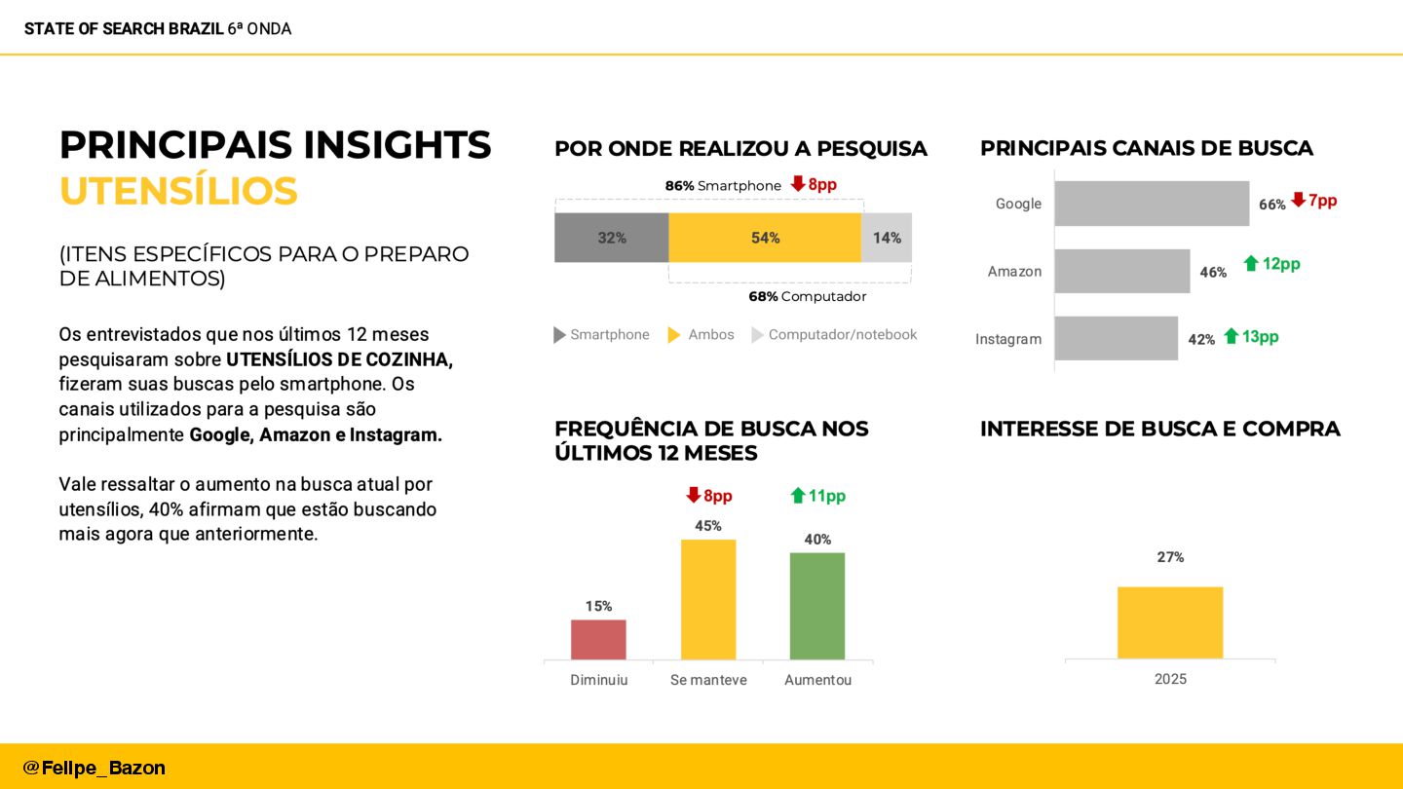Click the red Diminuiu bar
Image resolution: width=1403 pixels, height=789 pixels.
tap(598, 639)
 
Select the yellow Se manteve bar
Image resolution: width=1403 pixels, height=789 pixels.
tap(708, 599)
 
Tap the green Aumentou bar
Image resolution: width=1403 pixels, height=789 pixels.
tap(817, 606)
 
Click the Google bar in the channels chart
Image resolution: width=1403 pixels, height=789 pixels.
tap(1152, 204)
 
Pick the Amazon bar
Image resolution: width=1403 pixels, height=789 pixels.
tap(1122, 271)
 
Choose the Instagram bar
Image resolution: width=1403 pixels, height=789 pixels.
tap(1117, 338)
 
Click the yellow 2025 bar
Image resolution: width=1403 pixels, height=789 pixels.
tap(1170, 622)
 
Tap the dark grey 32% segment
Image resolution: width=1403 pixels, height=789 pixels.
tap(612, 238)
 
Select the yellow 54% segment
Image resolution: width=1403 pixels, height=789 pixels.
tap(765, 238)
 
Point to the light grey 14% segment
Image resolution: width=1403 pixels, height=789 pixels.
tap(887, 238)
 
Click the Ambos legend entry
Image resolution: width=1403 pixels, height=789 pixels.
tap(701, 335)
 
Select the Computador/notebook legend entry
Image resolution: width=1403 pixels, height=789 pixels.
tap(834, 335)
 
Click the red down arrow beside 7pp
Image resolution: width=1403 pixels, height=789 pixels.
tap(1298, 200)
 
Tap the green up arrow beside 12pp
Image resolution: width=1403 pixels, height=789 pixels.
tap(1251, 263)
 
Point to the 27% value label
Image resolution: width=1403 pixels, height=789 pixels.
tap(1170, 557)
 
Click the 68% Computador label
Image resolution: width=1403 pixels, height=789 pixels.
tap(807, 296)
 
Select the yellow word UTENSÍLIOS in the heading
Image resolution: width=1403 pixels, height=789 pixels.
tap(178, 191)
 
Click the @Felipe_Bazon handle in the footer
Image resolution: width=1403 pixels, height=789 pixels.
tap(95, 768)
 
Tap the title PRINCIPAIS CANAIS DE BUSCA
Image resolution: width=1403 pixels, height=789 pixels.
tap(1147, 148)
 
